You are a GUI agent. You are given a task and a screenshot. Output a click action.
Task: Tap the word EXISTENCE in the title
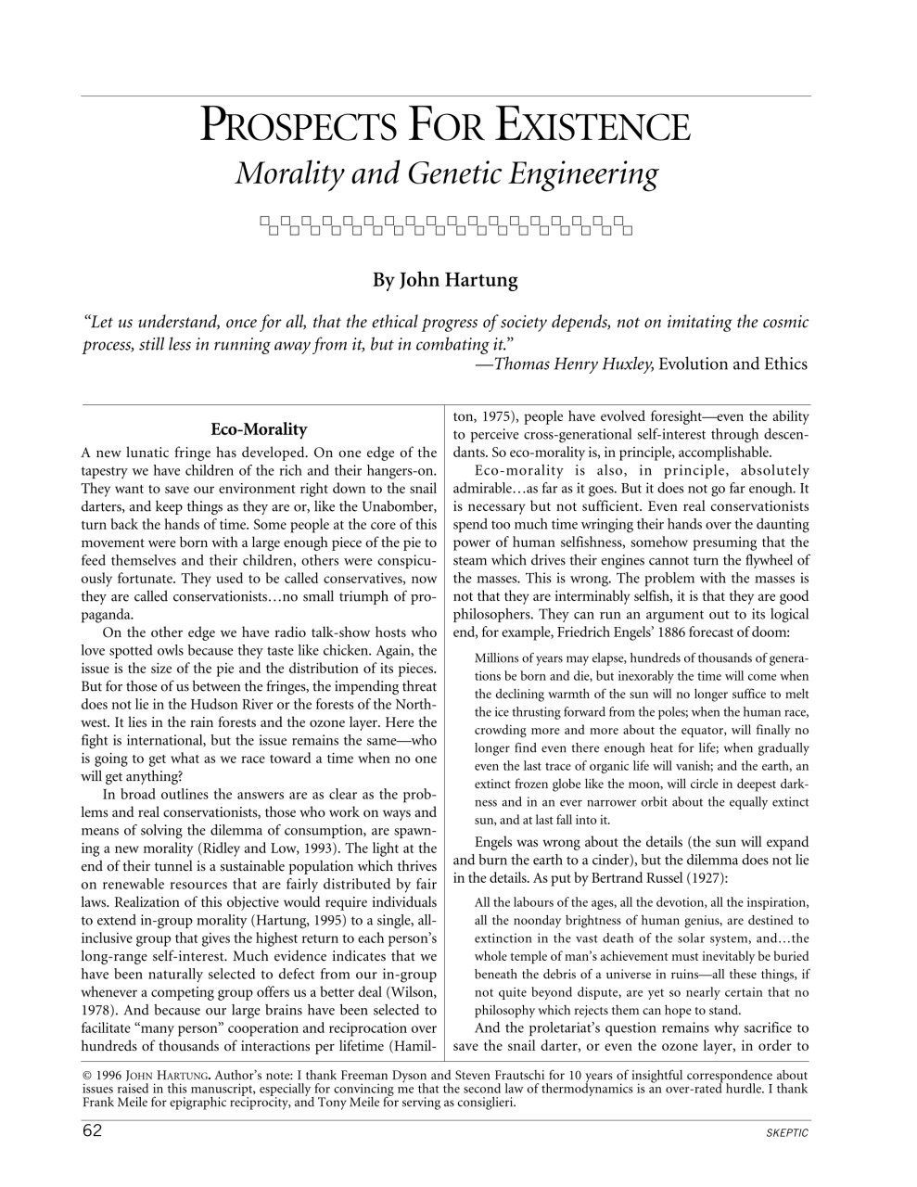[x=593, y=127]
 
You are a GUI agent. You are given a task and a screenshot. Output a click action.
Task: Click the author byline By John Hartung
[x=445, y=279]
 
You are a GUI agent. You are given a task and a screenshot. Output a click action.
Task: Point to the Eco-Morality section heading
[x=259, y=429]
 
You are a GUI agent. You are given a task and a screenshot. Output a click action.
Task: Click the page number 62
[x=93, y=1130]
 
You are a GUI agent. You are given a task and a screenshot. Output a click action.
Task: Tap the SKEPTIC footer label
[x=787, y=1132]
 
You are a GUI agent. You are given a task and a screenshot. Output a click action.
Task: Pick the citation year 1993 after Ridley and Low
[x=321, y=848]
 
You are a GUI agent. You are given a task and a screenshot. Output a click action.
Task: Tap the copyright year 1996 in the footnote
[x=116, y=1077]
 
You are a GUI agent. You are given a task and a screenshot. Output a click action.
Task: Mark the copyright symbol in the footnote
[x=88, y=1077]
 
